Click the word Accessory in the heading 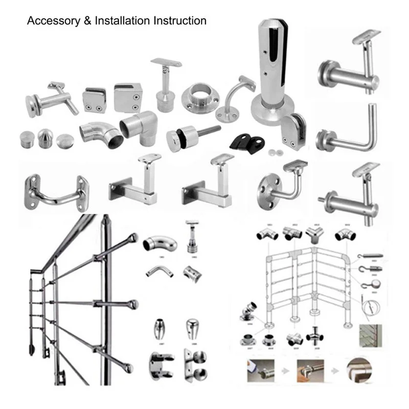point(52,21)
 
